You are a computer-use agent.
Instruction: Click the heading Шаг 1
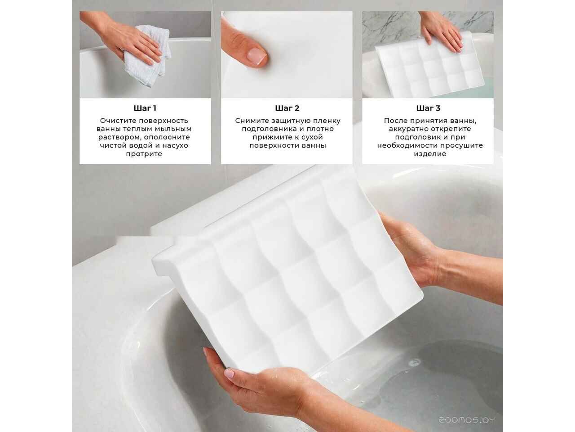(x=145, y=108)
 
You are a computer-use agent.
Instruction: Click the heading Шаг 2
(x=287, y=108)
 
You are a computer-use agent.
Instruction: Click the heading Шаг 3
(x=428, y=108)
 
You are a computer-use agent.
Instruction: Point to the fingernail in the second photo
(x=257, y=56)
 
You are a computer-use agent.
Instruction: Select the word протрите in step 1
(x=145, y=154)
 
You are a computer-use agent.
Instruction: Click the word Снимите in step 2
(x=252, y=121)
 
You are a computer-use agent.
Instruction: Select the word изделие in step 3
(x=430, y=154)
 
